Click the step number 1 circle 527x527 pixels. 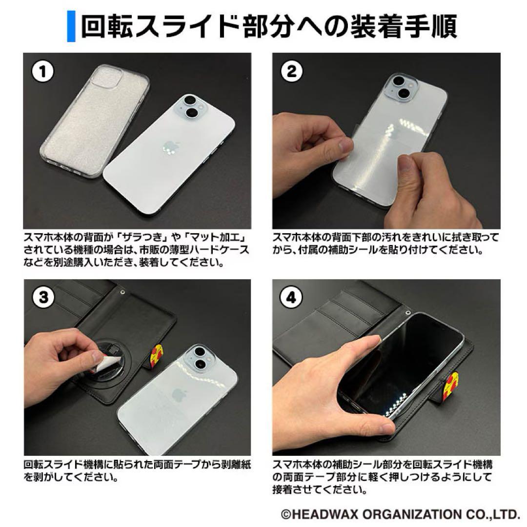44,72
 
